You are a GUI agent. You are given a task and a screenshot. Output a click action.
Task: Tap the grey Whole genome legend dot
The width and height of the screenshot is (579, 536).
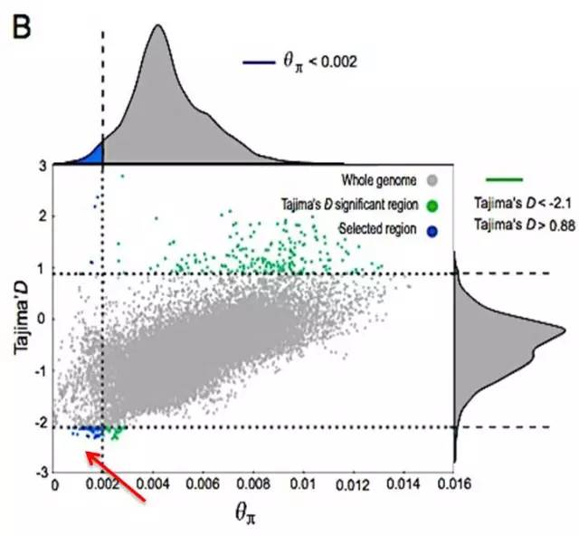click(434, 179)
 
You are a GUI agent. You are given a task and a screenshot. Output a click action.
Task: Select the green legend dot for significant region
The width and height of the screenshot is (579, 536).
click(434, 205)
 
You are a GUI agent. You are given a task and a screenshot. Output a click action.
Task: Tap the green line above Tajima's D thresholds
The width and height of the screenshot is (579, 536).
click(504, 179)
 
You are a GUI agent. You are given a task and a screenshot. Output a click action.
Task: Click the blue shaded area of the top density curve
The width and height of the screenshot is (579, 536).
click(92, 156)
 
